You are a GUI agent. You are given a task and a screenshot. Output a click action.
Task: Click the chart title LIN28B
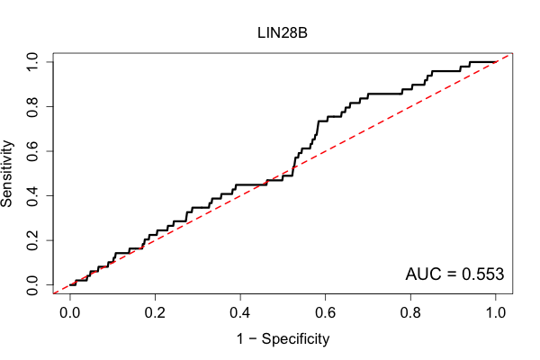click(283, 33)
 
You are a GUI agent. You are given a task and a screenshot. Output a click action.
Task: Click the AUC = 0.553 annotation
click(454, 274)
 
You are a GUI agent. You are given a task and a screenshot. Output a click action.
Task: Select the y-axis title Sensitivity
click(7, 174)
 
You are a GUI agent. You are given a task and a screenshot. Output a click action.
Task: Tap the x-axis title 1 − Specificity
click(283, 339)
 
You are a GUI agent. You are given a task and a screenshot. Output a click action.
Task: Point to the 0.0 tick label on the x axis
click(70, 313)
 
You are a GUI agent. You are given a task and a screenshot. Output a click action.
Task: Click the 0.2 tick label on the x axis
click(155, 313)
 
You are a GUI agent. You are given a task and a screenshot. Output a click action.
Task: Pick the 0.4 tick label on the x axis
click(240, 313)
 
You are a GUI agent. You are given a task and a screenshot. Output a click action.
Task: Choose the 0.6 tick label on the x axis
click(325, 313)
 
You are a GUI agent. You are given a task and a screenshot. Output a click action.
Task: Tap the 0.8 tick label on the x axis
click(410, 313)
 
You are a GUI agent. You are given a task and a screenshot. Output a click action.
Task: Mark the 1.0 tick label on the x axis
click(496, 313)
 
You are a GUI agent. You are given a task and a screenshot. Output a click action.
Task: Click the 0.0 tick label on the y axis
click(32, 285)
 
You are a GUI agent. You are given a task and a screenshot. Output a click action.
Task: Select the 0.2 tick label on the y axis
click(32, 240)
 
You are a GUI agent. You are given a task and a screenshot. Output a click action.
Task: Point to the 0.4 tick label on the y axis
click(32, 195)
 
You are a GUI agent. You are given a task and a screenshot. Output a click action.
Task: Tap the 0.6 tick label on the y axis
click(32, 151)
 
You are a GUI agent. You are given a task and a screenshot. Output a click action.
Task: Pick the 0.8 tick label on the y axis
click(32, 107)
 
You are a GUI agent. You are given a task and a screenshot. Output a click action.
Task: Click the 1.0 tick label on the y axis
click(32, 62)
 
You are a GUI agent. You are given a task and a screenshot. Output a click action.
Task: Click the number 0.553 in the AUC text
click(482, 274)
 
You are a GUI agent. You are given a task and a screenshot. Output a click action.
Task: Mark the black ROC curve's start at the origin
click(70, 285)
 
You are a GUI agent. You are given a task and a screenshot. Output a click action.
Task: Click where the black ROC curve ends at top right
click(496, 62)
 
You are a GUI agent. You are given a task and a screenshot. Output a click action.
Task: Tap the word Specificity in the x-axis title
click(295, 339)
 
